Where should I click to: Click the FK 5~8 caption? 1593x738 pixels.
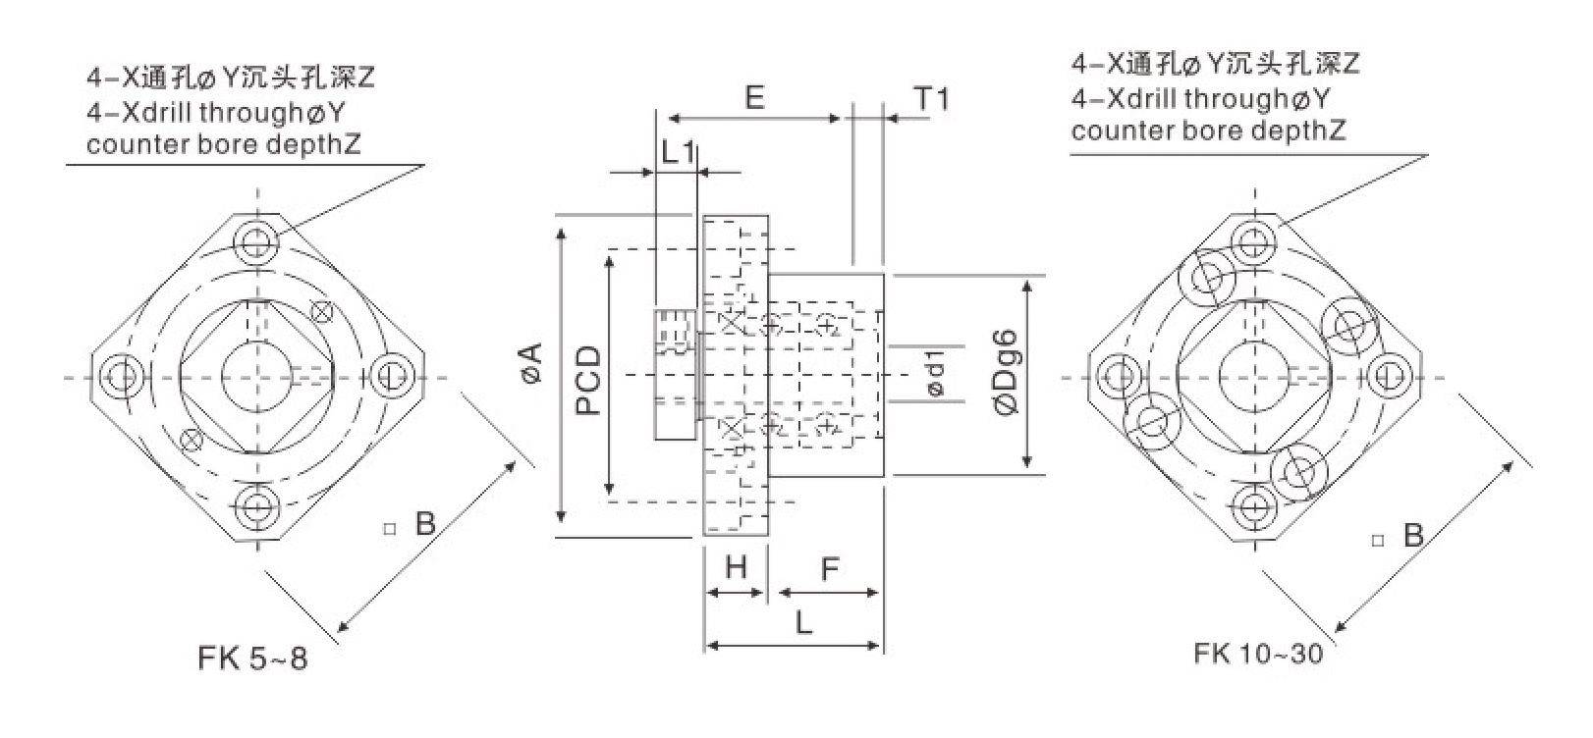click(x=252, y=658)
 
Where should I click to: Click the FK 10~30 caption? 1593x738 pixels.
click(x=1259, y=653)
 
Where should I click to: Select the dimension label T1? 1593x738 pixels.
click(x=932, y=99)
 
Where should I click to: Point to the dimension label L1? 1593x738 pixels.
click(x=678, y=152)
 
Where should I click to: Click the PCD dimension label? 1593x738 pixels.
click(x=588, y=380)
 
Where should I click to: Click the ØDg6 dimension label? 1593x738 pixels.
click(x=1005, y=374)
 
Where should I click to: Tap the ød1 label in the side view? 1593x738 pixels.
click(x=935, y=373)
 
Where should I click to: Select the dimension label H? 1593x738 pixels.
click(x=736, y=567)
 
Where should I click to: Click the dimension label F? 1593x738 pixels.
click(x=830, y=568)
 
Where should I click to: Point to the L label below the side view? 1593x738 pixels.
click(x=803, y=622)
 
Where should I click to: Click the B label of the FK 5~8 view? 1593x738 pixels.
click(x=424, y=523)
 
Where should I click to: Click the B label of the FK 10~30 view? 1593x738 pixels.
click(x=1413, y=535)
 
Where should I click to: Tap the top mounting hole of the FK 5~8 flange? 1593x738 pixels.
click(x=258, y=239)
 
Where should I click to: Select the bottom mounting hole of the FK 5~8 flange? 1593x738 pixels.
click(x=258, y=506)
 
